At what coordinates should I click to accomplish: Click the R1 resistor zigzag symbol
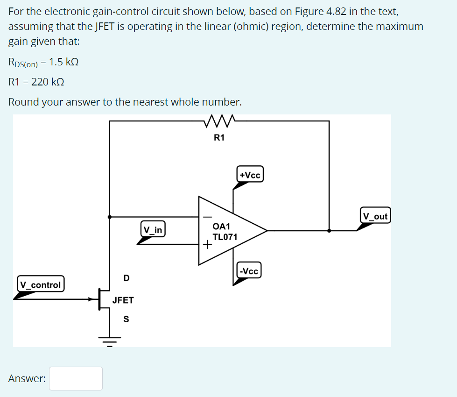point(219,122)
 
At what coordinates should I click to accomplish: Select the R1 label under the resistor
point(219,137)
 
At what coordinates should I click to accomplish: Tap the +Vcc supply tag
point(250,175)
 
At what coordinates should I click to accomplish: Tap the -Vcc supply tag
point(248,271)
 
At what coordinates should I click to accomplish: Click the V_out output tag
point(375,216)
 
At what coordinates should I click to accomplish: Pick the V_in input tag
point(153,230)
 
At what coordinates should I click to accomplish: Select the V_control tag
point(41,284)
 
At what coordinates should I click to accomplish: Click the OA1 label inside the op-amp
point(221,226)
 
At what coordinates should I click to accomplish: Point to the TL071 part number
point(225,237)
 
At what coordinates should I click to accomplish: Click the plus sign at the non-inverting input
point(206,244)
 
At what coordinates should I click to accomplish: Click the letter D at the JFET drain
point(127,278)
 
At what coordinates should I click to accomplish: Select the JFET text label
point(123,300)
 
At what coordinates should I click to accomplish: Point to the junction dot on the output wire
point(329,230)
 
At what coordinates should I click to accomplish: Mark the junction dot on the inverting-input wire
point(110,217)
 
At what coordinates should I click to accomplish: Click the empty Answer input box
point(76,378)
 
